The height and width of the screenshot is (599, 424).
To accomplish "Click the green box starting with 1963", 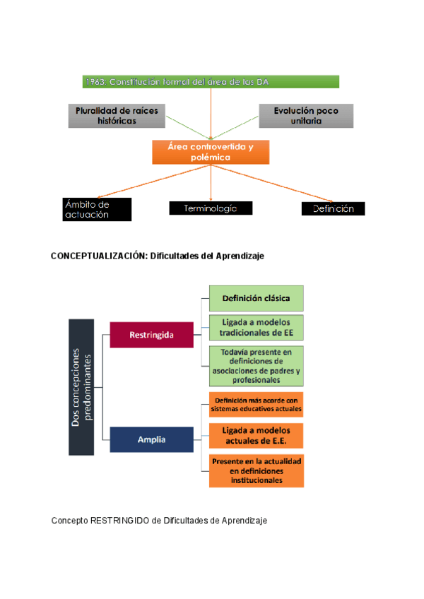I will (211, 82).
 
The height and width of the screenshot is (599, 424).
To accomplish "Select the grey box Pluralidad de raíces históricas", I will (117, 116).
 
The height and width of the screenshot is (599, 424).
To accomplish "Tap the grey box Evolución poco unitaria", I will (305, 116).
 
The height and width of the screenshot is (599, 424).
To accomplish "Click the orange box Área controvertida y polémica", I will (211, 152).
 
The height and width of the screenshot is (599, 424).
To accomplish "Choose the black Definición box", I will (333, 208).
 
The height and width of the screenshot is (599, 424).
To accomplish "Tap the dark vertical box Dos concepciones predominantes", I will (82, 387).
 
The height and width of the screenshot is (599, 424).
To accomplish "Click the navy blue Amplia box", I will (151, 439).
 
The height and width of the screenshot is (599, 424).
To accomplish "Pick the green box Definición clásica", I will (256, 298).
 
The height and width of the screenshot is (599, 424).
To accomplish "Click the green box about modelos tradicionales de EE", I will (256, 327).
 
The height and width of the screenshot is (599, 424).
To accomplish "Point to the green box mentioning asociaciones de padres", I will (256, 365).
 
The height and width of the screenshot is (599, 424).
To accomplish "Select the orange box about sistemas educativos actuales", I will (256, 404).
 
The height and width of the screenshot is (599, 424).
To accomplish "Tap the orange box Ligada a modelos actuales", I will (256, 436).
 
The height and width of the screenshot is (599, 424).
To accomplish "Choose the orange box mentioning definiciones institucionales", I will (256, 470).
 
